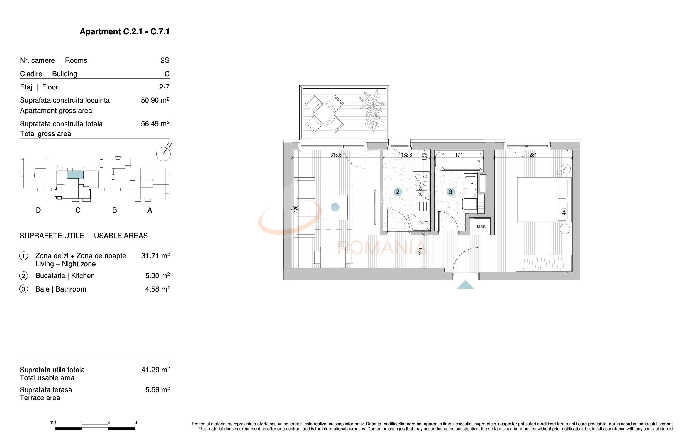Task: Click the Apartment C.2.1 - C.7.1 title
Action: [125, 32]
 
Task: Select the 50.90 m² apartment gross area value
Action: [155, 100]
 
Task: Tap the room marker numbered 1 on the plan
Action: [335, 207]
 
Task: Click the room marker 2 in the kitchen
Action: [398, 192]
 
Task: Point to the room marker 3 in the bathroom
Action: [450, 192]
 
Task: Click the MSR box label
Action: [481, 227]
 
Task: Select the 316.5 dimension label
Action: [336, 155]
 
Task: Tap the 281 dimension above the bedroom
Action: [533, 155]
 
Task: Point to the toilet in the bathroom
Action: [469, 204]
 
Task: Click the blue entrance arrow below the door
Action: [465, 285]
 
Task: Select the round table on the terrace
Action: [324, 114]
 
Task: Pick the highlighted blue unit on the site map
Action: [75, 175]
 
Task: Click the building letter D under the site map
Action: [38, 210]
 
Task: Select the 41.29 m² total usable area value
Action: [155, 370]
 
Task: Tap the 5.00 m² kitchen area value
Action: [157, 276]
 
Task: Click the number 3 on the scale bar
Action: [136, 422]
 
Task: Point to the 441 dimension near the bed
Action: [564, 211]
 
